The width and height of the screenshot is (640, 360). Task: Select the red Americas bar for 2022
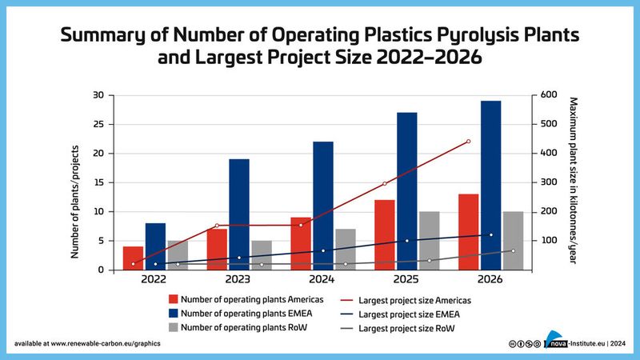pyautogui.click(x=134, y=258)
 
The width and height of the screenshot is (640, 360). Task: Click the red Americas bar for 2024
pyautogui.click(x=301, y=243)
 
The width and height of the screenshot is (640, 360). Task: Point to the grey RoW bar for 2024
pyautogui.click(x=345, y=249)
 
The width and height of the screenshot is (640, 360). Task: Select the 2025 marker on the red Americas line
pyautogui.click(x=384, y=184)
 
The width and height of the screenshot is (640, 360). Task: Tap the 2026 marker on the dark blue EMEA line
pyautogui.click(x=490, y=234)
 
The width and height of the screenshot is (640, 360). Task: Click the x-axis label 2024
pyautogui.click(x=322, y=280)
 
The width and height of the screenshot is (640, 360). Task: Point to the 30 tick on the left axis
pyautogui.click(x=98, y=95)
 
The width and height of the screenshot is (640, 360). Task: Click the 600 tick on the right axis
pyautogui.click(x=549, y=95)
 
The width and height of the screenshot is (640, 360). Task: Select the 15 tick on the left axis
pyautogui.click(x=98, y=182)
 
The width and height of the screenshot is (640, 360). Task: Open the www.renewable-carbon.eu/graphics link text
pyautogui.click(x=105, y=343)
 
